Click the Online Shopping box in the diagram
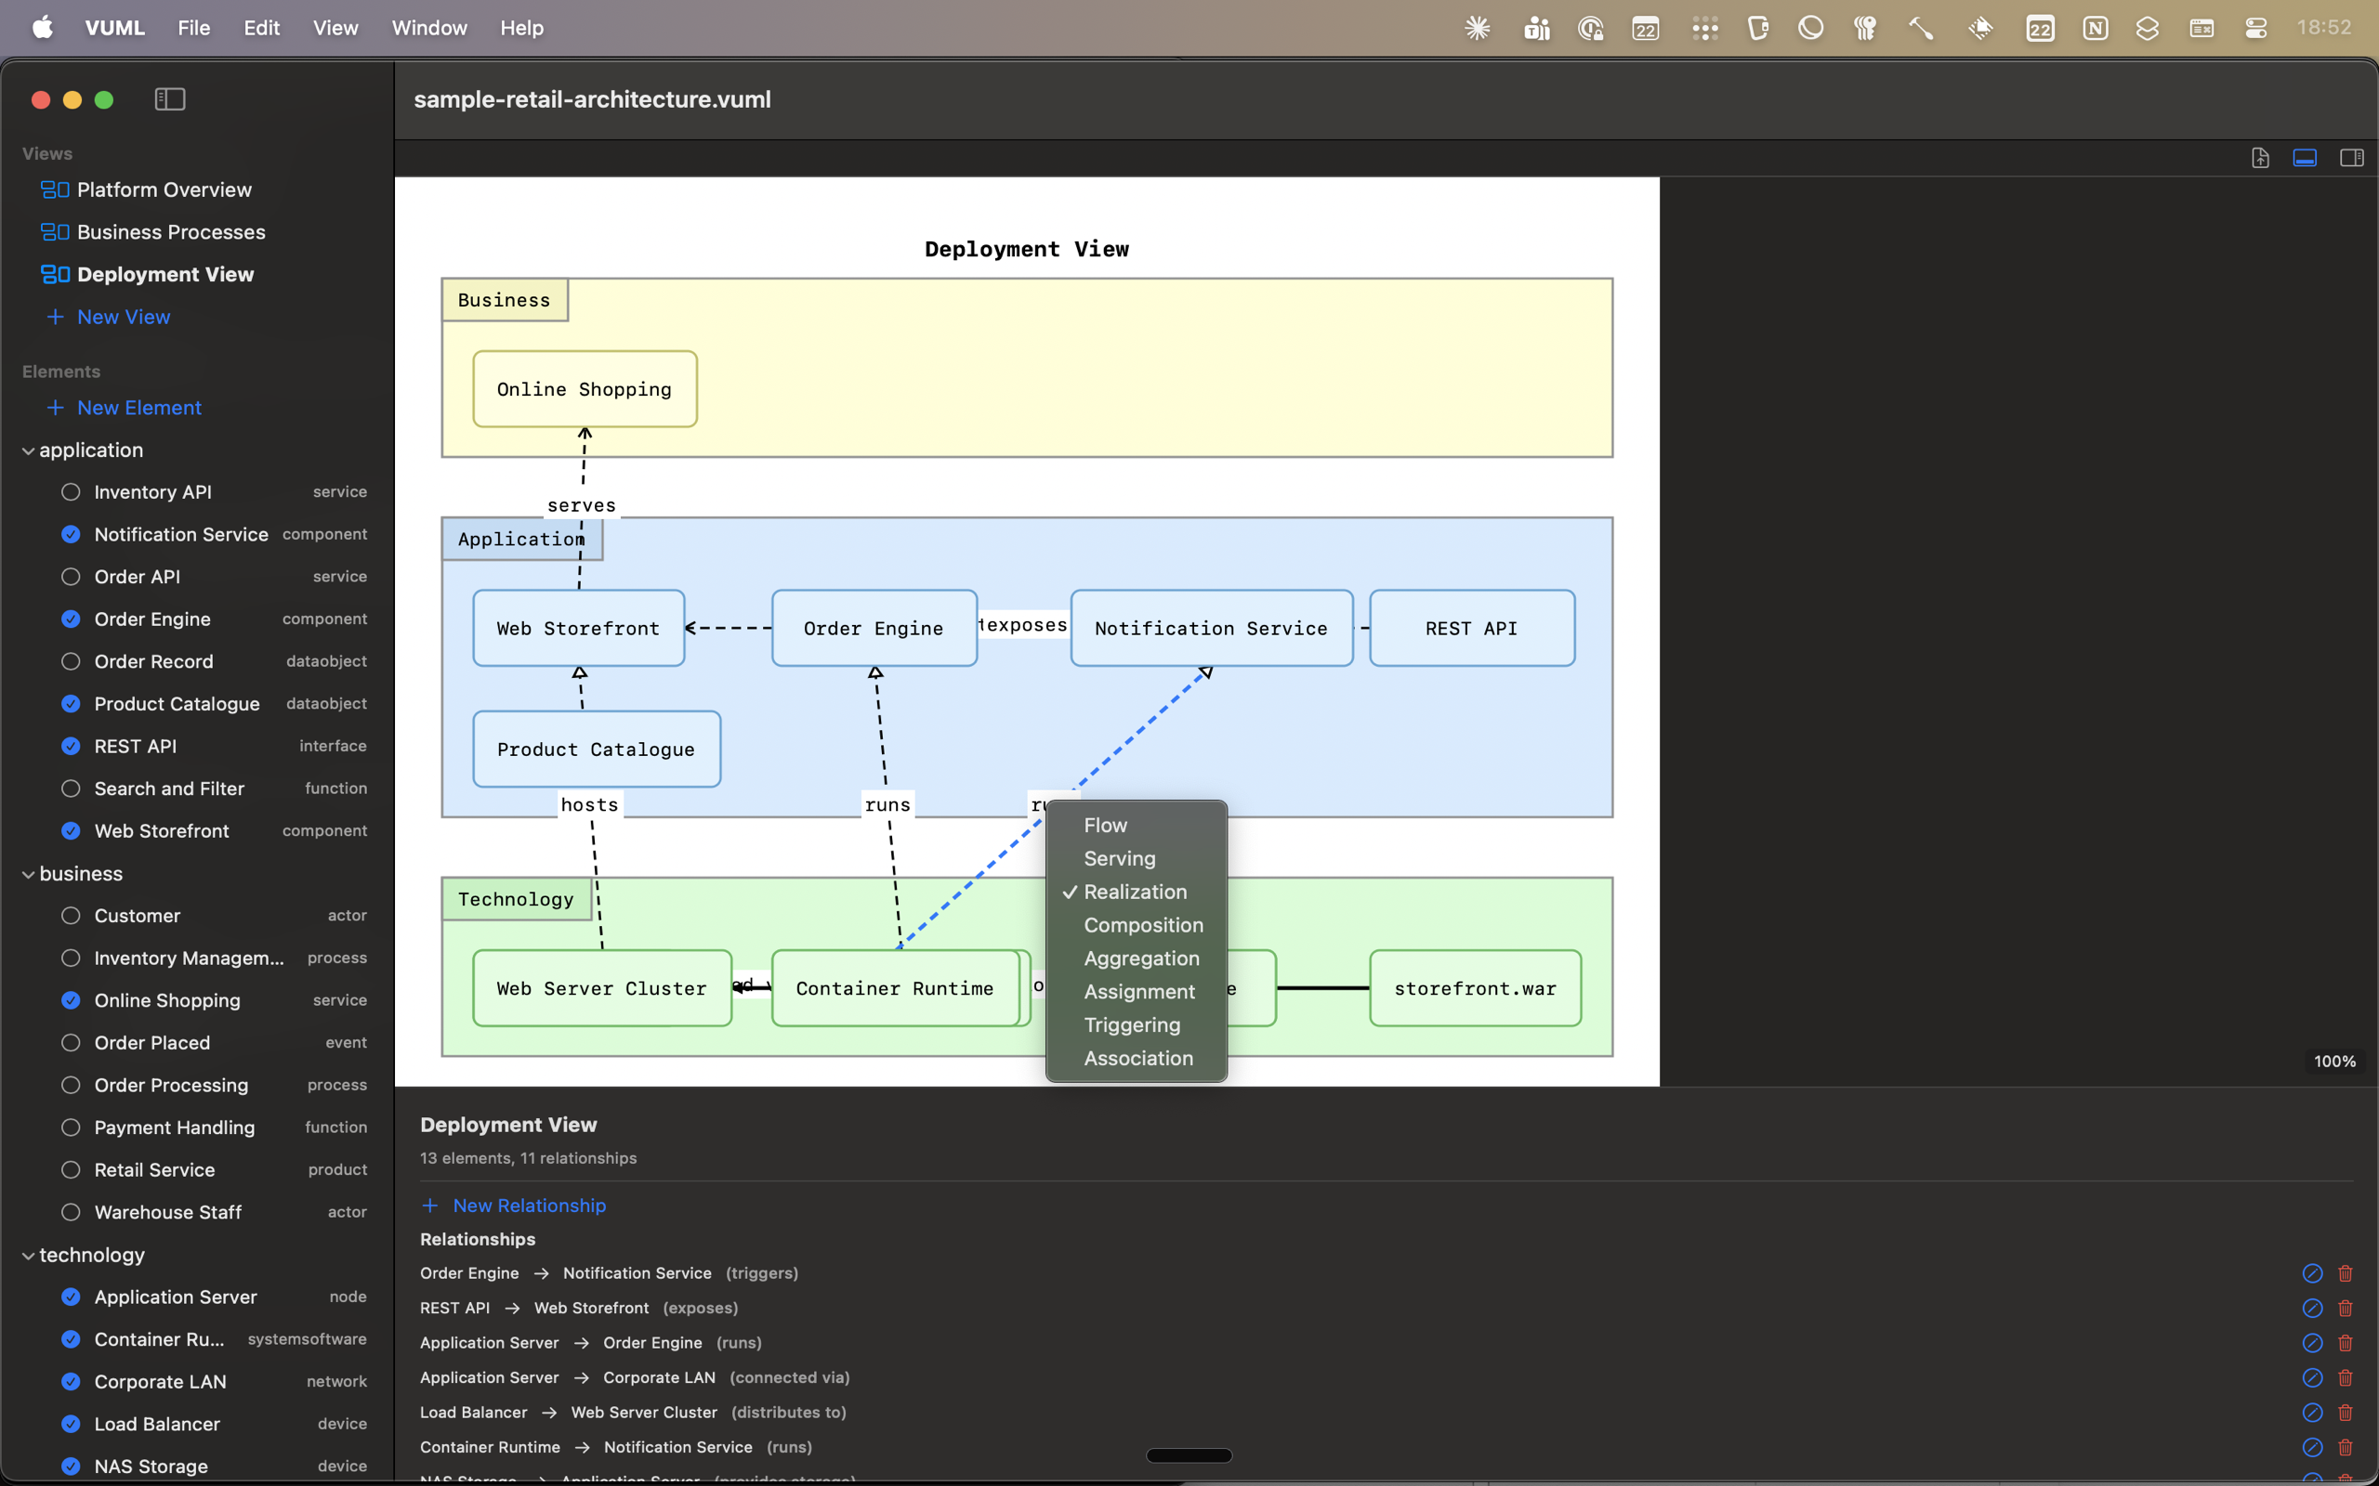coord(585,389)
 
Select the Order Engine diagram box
coord(874,628)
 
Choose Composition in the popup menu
coord(1142,925)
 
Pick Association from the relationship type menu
coord(1137,1059)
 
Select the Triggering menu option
coord(1132,1025)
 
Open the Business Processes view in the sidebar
coord(171,232)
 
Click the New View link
coord(123,317)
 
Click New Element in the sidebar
coord(138,407)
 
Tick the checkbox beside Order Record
coord(71,661)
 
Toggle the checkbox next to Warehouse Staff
coord(71,1212)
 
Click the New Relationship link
coord(529,1205)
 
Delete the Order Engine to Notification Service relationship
coord(2345,1272)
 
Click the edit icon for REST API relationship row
coord(2311,1308)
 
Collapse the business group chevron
coord(29,874)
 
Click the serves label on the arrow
coord(581,505)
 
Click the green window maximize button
coord(104,99)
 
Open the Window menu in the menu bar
coord(428,28)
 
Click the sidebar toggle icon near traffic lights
coord(170,99)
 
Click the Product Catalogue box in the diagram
coord(596,749)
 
